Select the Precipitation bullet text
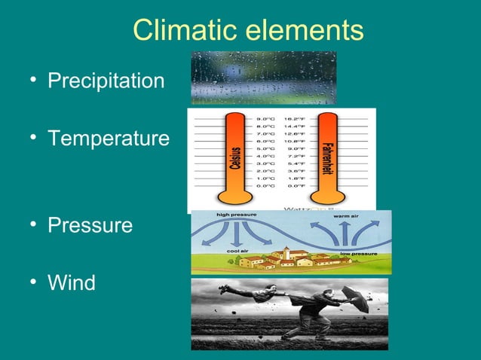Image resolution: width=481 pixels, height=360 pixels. click(106, 81)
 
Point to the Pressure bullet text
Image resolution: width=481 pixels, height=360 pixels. click(90, 226)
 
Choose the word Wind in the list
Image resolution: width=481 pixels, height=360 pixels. click(72, 283)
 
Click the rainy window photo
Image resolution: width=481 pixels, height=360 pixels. click(263, 78)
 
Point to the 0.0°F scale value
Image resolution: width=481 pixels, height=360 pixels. click(295, 185)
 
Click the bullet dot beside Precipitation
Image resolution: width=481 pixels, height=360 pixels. click(35, 81)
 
